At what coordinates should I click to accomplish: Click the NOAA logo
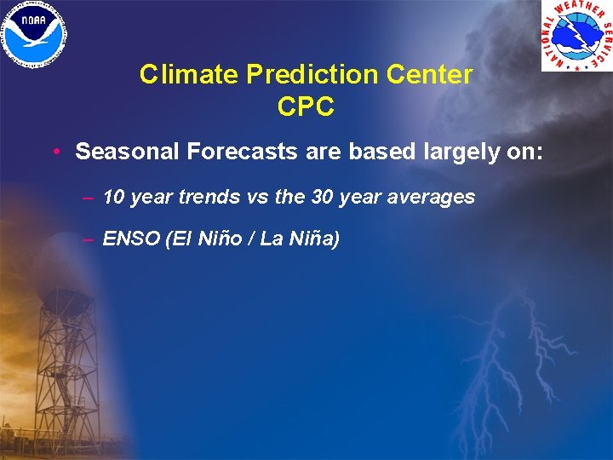(35, 34)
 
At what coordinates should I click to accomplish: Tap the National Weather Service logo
(576, 35)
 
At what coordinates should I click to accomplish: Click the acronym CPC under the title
(306, 107)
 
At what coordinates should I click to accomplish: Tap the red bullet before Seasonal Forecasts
(54, 152)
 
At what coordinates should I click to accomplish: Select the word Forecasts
(232, 152)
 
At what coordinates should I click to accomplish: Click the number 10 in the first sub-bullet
(113, 198)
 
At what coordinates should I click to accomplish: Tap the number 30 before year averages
(323, 198)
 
